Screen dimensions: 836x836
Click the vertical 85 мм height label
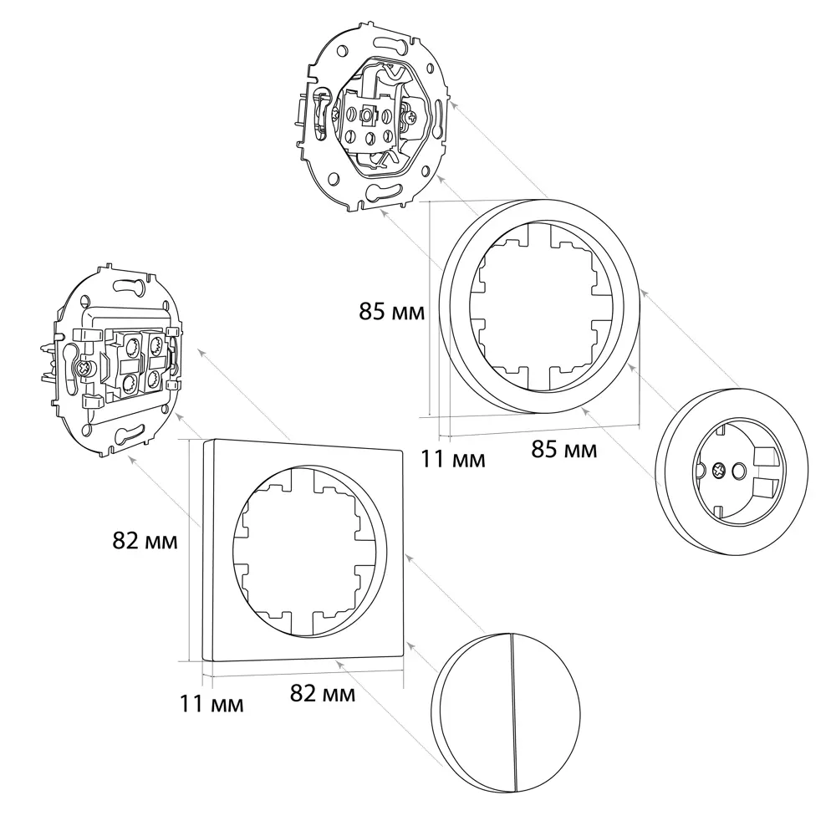point(391,313)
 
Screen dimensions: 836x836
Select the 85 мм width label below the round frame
point(564,450)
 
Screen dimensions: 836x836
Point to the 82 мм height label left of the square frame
point(145,541)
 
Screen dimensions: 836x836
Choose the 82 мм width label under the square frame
point(322,693)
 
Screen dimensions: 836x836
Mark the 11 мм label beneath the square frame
point(212,704)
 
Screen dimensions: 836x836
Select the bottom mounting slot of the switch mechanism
point(129,433)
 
